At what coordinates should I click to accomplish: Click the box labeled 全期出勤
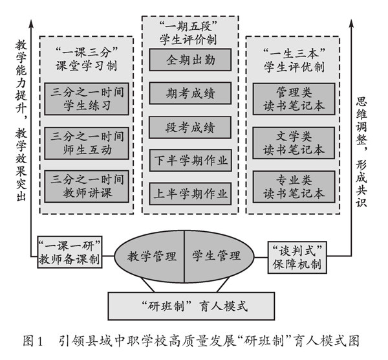pos(190,60)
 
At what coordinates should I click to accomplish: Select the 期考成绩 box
pos(190,93)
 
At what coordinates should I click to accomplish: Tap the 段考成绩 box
pos(190,126)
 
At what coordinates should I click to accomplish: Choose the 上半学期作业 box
pos(190,192)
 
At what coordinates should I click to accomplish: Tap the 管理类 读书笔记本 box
pos(294,98)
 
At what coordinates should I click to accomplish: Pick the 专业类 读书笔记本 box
pos(294,186)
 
